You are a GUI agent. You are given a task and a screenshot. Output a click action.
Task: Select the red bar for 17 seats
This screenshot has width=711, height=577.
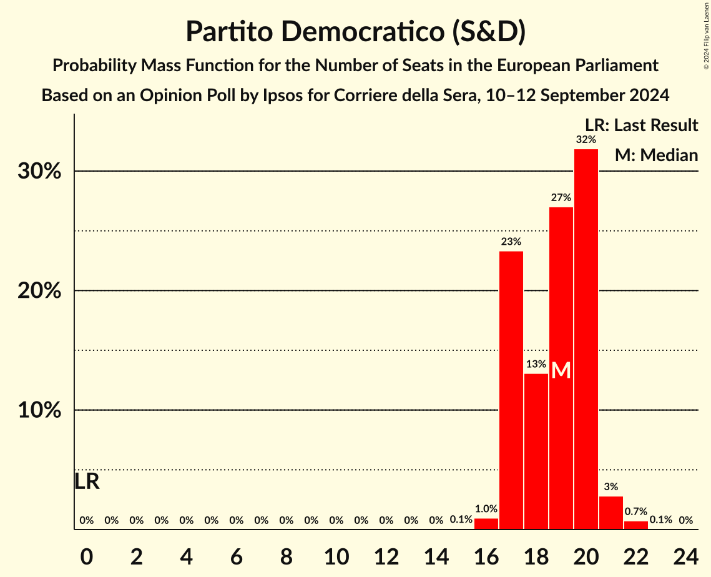point(511,390)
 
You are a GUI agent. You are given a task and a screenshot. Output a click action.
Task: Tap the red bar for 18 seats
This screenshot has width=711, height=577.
point(536,451)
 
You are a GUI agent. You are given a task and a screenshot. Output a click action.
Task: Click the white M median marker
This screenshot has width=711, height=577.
point(561,370)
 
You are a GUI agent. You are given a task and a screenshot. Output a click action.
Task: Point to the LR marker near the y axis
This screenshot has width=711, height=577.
point(87,481)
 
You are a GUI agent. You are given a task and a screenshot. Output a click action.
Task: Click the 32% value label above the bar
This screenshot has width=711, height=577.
point(586,139)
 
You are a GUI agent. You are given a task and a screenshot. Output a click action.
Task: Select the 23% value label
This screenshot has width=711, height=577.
point(511,241)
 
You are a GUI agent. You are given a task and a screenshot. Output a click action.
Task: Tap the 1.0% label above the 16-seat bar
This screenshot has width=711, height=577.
point(486,509)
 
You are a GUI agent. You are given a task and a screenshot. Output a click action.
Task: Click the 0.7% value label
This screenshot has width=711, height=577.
point(635,511)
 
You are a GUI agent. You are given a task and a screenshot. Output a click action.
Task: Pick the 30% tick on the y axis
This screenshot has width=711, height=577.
point(39,172)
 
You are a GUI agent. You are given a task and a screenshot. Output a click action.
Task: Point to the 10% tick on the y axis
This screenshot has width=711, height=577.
point(39,411)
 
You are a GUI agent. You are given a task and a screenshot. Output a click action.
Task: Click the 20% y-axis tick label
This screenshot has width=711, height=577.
point(39,292)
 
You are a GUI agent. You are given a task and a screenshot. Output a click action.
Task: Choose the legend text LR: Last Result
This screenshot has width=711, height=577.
point(641,126)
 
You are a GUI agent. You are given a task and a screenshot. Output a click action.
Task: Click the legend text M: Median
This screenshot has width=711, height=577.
point(655,155)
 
